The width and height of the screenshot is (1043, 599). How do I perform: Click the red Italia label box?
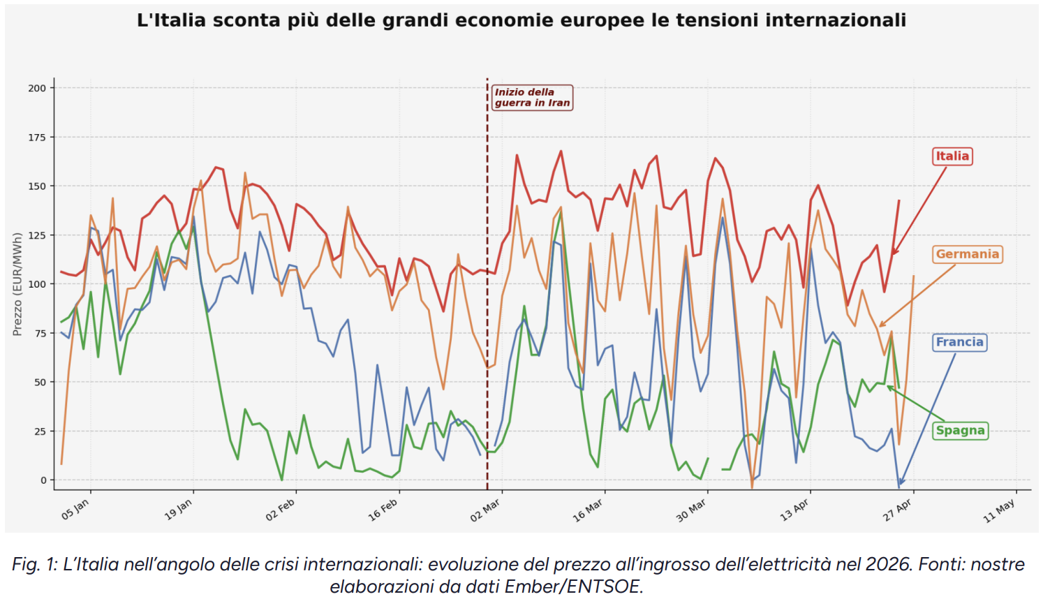(952, 156)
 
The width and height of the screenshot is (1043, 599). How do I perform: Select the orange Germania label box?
(967, 254)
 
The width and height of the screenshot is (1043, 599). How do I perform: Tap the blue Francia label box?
(959, 342)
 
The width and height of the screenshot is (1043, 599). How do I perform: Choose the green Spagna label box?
(960, 431)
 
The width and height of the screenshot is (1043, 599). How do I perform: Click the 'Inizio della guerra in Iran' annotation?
(532, 97)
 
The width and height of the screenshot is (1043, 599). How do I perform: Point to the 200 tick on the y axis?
(37, 88)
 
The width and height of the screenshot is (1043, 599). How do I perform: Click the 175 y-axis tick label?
(37, 138)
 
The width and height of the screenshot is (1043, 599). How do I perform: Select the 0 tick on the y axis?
(44, 480)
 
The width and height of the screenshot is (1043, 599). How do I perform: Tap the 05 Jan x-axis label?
(75, 509)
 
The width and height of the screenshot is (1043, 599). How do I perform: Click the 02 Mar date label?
(485, 510)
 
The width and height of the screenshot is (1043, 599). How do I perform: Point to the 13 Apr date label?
(794, 510)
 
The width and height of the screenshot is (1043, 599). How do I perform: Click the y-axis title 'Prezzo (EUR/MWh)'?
(17, 284)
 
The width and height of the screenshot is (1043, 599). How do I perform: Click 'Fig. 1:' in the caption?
(34, 565)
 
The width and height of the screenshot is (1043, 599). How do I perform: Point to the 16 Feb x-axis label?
(383, 510)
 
